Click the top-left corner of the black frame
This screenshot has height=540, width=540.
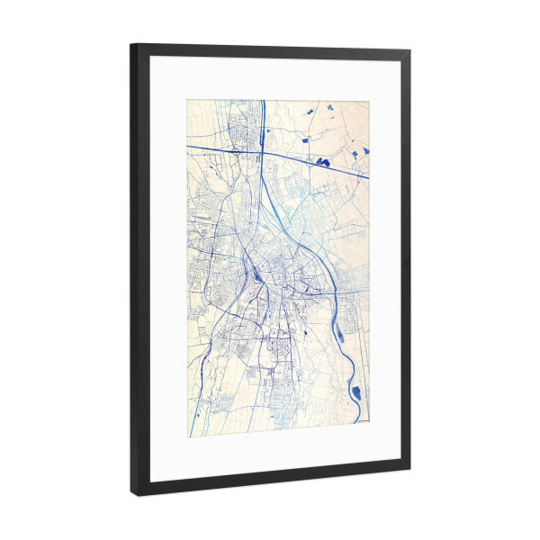point(131,44)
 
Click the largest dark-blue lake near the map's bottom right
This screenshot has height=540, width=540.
point(358,392)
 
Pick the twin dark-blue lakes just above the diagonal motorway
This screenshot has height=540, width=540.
point(322,161)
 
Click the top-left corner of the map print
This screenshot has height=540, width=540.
point(187,100)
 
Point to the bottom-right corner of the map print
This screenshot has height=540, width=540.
point(369,423)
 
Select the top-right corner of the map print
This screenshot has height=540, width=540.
point(369,101)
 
